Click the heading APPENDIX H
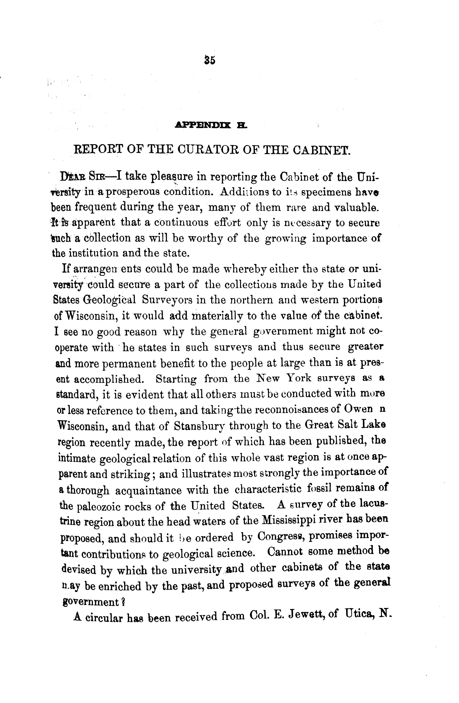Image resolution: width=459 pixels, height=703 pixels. [211, 126]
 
